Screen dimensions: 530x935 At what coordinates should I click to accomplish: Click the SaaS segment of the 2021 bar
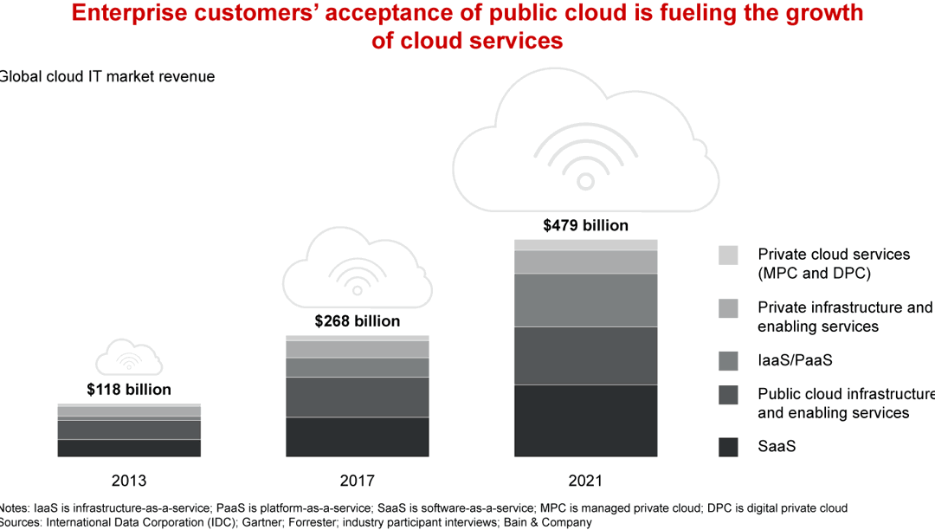coord(585,421)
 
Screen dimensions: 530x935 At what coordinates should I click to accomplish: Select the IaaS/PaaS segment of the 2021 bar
coord(585,300)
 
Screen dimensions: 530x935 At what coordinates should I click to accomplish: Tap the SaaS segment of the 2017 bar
coord(358,436)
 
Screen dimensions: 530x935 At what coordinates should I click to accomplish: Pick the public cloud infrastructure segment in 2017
coord(358,397)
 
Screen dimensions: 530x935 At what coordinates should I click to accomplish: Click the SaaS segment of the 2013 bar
coord(129,448)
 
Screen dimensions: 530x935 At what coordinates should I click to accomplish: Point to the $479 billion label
coord(585,225)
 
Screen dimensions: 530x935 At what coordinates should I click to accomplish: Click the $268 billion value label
coord(358,321)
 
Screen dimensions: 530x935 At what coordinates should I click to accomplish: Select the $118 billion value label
coord(129,390)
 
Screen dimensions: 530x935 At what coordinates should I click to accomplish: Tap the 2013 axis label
coord(129,481)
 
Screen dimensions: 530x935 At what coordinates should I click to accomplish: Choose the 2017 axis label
coord(358,481)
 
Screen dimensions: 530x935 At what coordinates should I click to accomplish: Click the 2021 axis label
coord(585,481)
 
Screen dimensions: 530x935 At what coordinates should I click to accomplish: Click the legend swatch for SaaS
coord(728,447)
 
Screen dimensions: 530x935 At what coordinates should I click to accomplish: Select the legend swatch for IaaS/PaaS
coord(728,360)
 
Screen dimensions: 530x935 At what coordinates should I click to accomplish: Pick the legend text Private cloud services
coord(834,255)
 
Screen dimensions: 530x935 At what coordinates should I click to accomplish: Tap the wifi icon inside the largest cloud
coord(585,156)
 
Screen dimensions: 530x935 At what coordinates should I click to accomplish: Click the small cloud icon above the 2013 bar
coord(129,357)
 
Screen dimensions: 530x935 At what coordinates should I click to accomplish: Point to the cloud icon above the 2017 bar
coord(351,268)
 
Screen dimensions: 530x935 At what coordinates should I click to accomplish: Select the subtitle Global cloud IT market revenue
coord(106,76)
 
